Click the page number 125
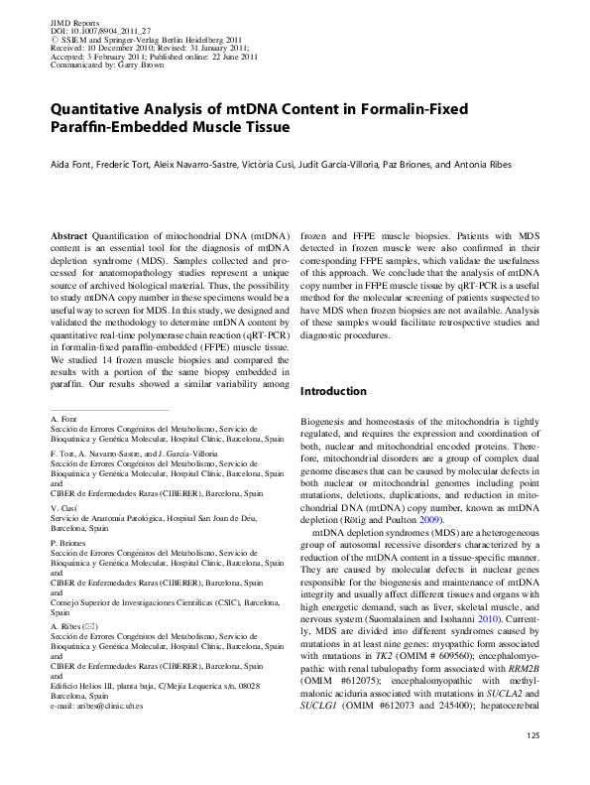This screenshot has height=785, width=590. pos(532,762)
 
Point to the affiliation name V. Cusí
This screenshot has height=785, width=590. pos(62,507)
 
